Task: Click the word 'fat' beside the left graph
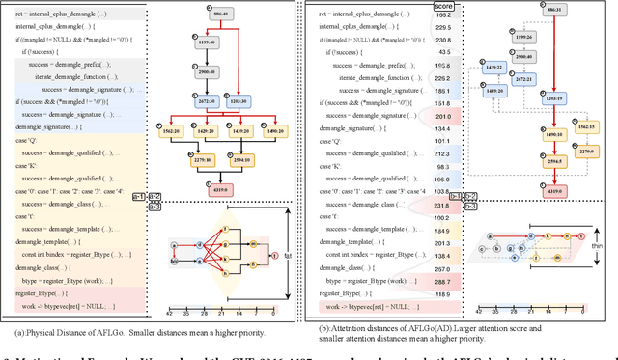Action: click(289, 255)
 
